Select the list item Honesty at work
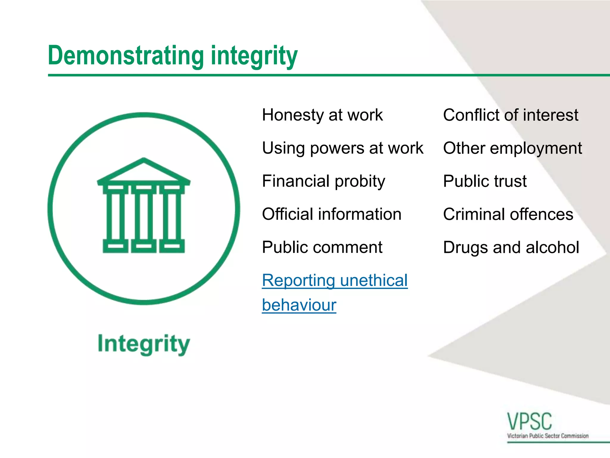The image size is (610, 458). point(322,115)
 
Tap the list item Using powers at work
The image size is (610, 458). point(343,148)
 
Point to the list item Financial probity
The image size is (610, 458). point(323,181)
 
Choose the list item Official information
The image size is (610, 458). point(332,214)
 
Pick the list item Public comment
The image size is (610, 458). point(322,247)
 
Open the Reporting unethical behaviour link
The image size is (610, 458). point(334,281)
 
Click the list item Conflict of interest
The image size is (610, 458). point(511,115)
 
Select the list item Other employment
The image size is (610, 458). point(512,148)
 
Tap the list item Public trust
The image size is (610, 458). point(485,181)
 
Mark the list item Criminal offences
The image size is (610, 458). point(508,214)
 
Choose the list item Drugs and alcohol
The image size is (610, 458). point(511,247)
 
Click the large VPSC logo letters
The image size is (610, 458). point(529,421)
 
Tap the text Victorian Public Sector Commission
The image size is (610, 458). point(548,436)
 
